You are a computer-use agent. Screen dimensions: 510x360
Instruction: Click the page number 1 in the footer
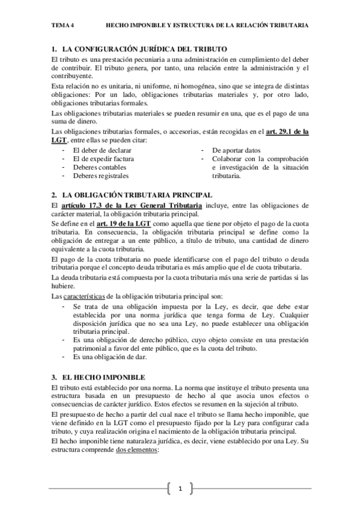click(x=180, y=490)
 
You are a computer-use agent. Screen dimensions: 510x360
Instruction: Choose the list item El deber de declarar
click(x=103, y=150)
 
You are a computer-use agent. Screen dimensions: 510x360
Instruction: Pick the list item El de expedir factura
click(x=103, y=159)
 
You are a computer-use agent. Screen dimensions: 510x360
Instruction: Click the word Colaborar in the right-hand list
click(x=227, y=159)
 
